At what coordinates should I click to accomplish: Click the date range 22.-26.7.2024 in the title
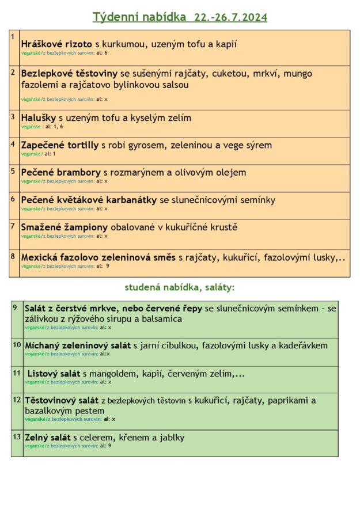(x=231, y=17)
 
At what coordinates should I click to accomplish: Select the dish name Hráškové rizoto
(x=56, y=44)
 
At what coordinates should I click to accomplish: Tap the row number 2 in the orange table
(x=13, y=73)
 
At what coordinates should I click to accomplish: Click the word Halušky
(x=39, y=118)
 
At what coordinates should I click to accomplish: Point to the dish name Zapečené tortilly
(x=59, y=145)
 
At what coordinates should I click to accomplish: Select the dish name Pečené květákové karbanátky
(x=89, y=200)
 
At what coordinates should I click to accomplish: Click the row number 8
(x=13, y=256)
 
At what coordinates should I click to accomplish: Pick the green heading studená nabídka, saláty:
(x=179, y=287)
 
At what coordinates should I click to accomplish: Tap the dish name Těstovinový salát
(x=62, y=400)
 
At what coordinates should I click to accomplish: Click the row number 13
(x=17, y=437)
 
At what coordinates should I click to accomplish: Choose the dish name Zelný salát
(x=47, y=438)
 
